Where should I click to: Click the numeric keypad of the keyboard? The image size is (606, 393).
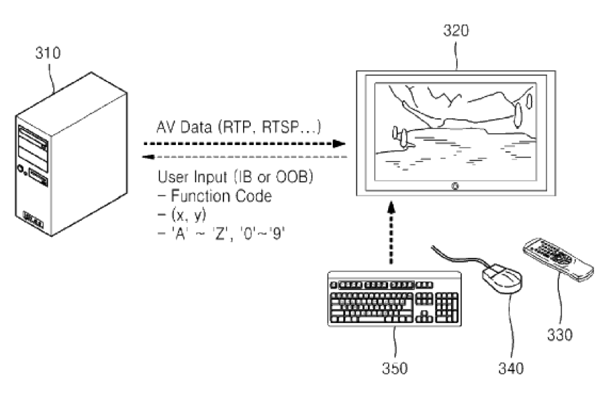coord(446,306)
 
